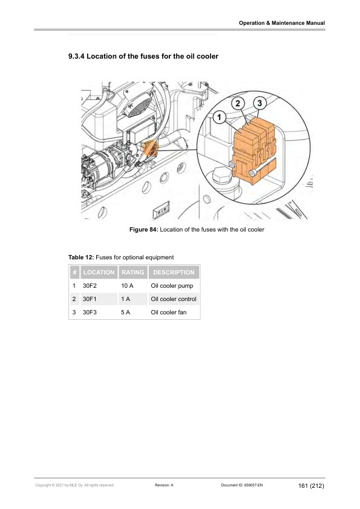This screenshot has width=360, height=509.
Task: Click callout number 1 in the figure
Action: [219, 117]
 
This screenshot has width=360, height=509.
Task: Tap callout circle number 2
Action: [238, 103]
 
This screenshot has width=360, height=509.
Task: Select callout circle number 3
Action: [260, 103]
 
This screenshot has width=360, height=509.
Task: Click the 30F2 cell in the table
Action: [90, 286]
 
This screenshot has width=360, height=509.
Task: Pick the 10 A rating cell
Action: [127, 286]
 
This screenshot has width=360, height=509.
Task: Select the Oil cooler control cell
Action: [174, 299]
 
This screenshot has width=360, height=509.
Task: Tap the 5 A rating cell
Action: [125, 313]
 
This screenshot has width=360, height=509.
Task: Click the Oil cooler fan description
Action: [169, 313]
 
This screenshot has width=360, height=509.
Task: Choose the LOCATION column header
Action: [99, 273]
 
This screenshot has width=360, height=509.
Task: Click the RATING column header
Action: [133, 273]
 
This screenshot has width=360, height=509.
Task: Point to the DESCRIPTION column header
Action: [174, 273]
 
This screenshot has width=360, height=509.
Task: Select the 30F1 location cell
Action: [90, 299]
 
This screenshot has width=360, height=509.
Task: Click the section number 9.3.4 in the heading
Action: [76, 56]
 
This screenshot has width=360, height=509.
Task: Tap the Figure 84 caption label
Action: [143, 230]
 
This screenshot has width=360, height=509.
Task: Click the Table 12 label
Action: [81, 258]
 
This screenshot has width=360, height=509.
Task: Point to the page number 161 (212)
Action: [311, 485]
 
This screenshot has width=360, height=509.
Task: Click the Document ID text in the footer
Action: [242, 485]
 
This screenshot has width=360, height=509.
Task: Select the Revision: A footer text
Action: [164, 485]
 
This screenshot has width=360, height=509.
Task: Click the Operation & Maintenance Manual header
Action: [282, 23]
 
